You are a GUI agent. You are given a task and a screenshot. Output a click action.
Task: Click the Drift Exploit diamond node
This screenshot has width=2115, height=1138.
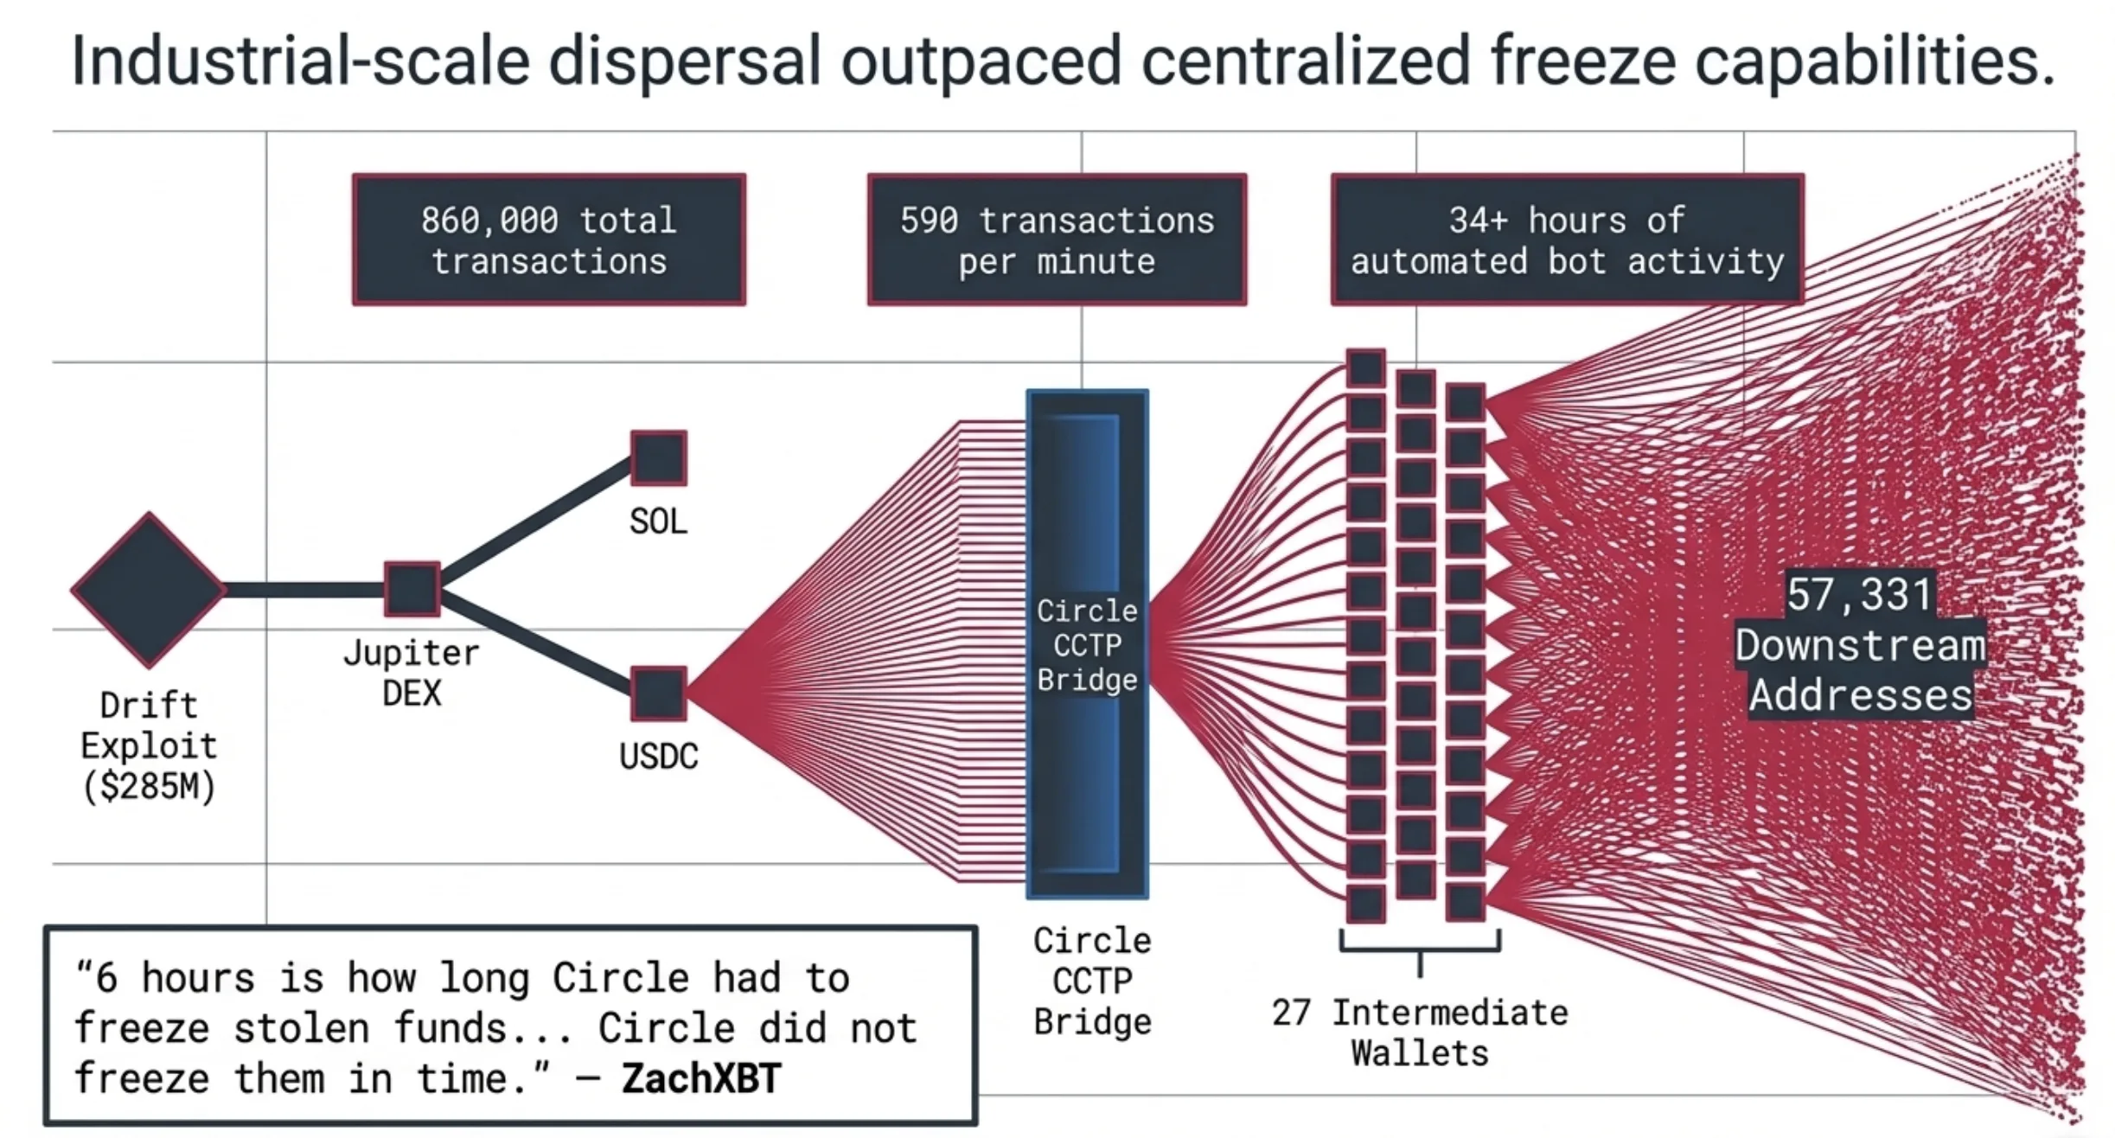[x=149, y=590]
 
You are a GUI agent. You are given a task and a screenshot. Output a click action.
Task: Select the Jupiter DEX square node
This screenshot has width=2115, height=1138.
[x=412, y=589]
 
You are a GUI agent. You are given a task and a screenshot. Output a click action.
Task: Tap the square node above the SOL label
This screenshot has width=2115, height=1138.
[x=658, y=458]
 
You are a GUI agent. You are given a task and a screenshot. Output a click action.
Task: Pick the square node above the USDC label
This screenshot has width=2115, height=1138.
[x=658, y=693]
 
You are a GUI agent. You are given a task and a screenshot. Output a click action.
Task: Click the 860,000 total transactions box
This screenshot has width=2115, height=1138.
[x=548, y=240]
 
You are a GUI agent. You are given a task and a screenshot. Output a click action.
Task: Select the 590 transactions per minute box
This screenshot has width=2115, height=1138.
[x=1057, y=240]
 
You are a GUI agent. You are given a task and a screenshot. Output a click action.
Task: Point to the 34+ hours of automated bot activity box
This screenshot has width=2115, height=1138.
[x=1567, y=240]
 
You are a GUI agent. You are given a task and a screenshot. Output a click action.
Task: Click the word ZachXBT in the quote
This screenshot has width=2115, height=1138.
[x=700, y=1078]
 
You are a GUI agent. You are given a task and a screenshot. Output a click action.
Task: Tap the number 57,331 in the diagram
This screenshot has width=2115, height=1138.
[x=1859, y=594]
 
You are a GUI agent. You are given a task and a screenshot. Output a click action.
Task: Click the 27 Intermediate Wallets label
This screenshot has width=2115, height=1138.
[x=1420, y=1033]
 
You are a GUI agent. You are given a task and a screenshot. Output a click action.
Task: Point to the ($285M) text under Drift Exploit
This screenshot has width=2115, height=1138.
[x=149, y=786]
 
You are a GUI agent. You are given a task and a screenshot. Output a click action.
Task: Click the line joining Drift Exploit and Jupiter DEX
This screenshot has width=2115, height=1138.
[x=303, y=590]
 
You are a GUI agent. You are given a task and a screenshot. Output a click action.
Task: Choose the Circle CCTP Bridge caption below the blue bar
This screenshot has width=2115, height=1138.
[x=1092, y=981]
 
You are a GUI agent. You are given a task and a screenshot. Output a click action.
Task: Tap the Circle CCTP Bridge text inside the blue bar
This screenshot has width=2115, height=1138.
[x=1087, y=645]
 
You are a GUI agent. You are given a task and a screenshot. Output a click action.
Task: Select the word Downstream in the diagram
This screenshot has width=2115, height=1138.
[x=1860, y=646]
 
